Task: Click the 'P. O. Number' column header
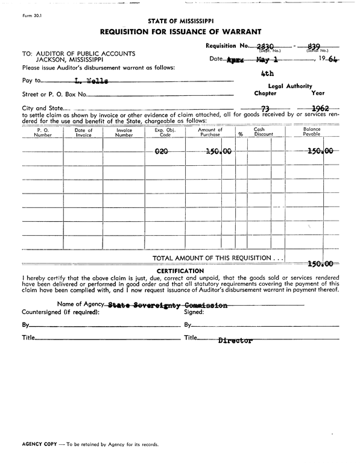(x=43, y=133)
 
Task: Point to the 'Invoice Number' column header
(x=124, y=133)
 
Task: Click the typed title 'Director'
(x=235, y=341)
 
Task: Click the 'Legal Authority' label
(x=289, y=86)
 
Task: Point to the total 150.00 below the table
(x=320, y=263)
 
